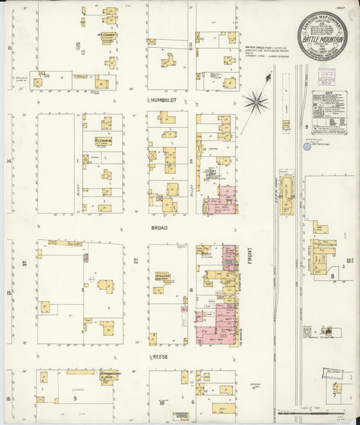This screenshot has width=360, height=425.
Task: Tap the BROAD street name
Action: pos(159,228)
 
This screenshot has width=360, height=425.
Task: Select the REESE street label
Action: pos(159,356)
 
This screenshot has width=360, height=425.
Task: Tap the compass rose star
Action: pos(255,103)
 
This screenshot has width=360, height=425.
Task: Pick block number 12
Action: pos(78,45)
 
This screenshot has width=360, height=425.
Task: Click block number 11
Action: pos(191,45)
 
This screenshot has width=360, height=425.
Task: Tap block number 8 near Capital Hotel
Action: pos(332,276)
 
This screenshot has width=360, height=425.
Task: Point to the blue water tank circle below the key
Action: pos(307,146)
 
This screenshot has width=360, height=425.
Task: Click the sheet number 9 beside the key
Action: pos(305,126)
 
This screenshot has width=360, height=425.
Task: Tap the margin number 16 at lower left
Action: pos(8,399)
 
